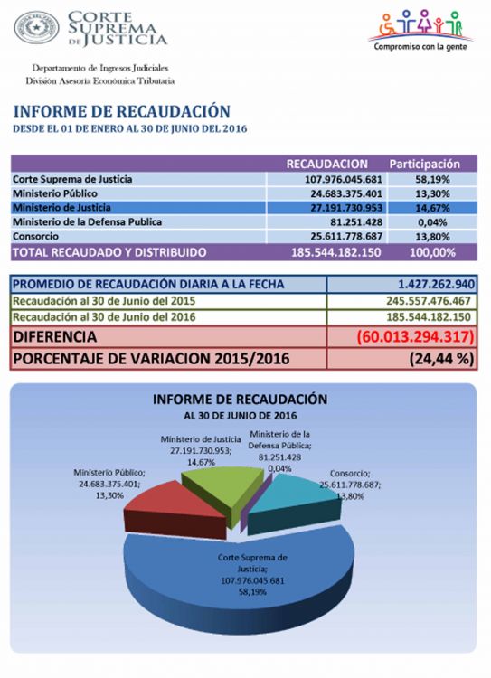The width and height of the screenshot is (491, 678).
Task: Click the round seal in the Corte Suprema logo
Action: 36,27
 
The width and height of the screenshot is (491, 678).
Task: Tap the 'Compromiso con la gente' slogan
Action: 420,46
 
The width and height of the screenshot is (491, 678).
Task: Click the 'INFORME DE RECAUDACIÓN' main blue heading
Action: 121,111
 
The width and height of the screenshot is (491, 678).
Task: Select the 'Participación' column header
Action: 424,164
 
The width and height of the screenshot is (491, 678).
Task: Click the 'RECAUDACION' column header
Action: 326,164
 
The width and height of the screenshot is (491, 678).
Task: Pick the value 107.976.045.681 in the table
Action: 344,179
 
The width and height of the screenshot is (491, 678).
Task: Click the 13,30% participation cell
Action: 432,193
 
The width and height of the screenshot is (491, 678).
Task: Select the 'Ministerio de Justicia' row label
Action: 61,208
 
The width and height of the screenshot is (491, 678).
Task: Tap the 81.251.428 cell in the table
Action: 356,222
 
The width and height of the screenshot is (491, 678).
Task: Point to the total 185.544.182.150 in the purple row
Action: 336,252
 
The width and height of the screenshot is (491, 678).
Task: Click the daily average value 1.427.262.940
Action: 436,284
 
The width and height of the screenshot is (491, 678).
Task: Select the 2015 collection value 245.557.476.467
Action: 429,300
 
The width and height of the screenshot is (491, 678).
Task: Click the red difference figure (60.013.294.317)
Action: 415,336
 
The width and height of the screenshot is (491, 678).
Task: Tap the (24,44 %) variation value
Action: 441,359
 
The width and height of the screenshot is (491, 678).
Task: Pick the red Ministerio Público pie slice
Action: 173,509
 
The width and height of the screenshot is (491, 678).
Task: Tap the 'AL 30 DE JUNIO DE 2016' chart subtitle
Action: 241,416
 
